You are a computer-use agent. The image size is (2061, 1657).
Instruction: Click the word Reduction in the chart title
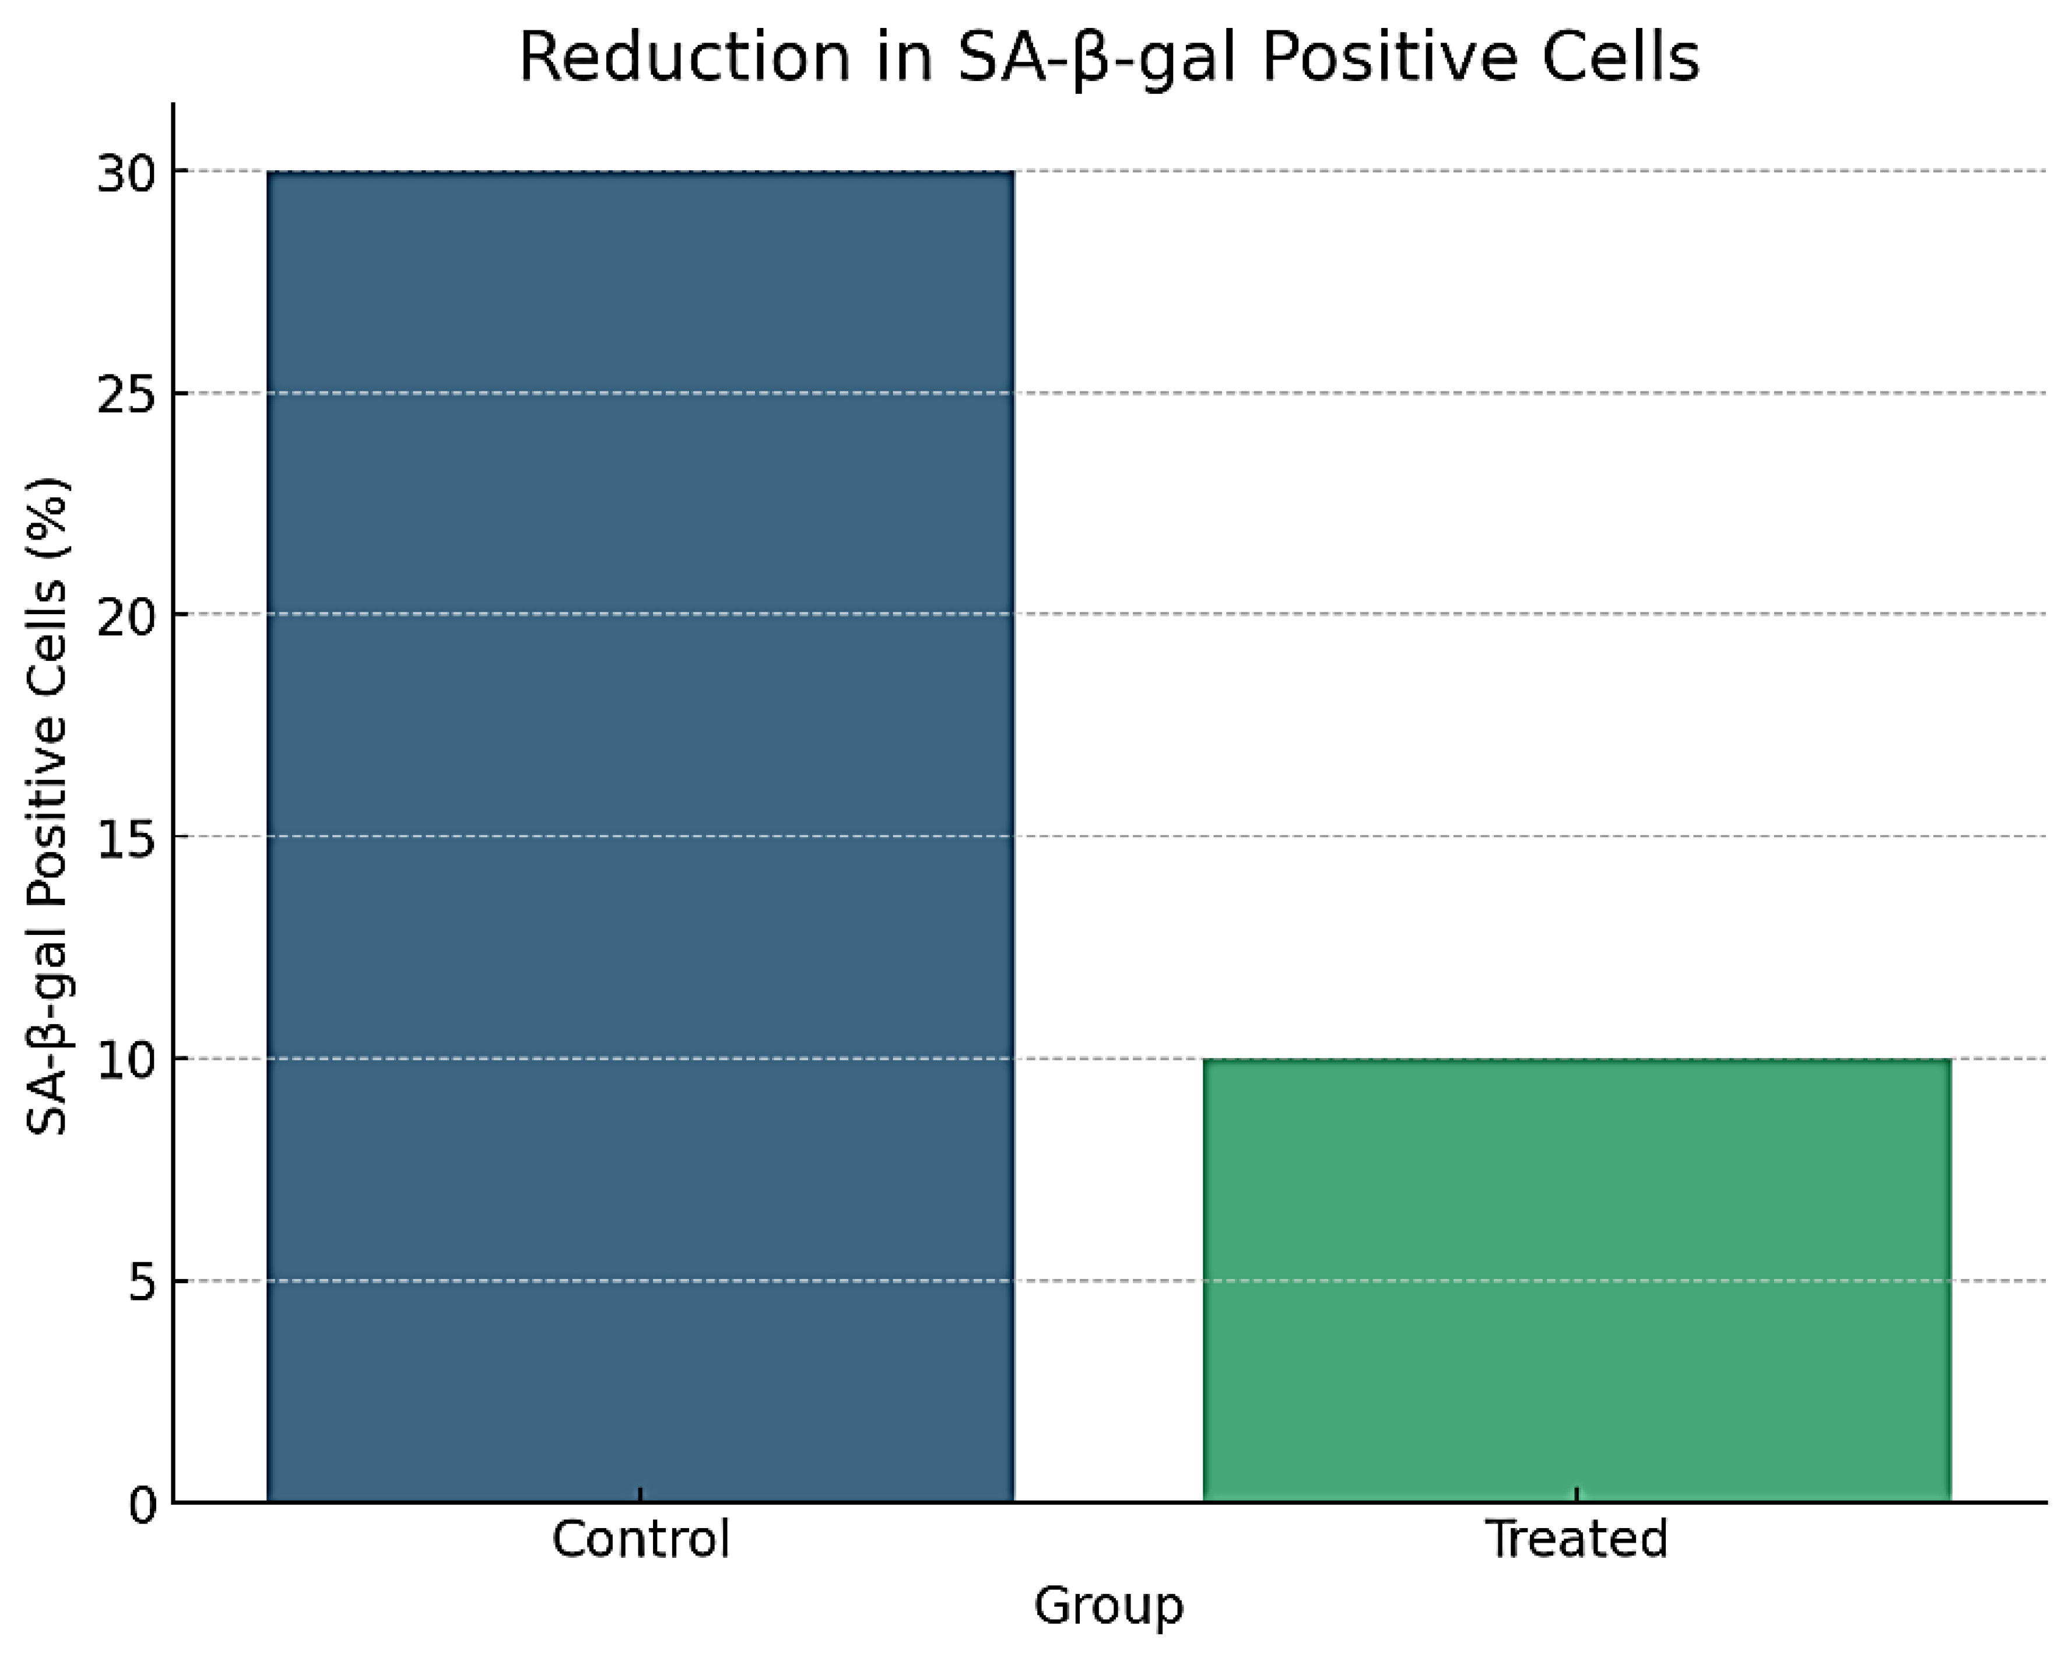(x=683, y=57)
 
